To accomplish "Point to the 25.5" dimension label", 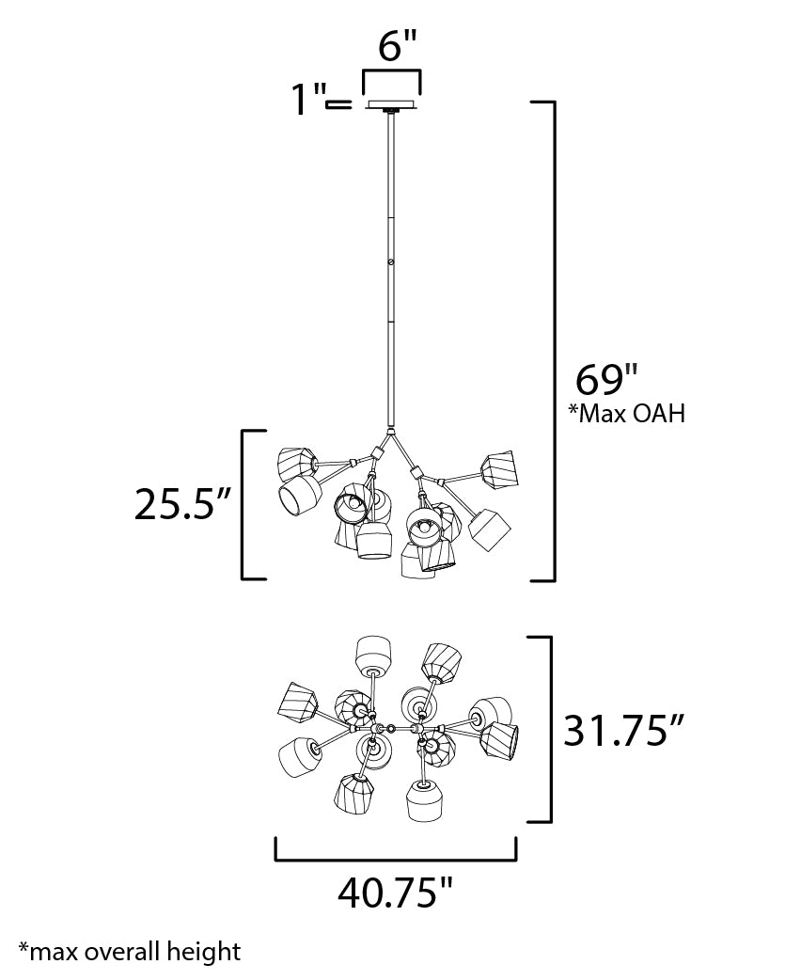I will tap(182, 505).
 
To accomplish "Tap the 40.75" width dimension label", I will tap(395, 891).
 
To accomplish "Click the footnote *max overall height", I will tap(129, 951).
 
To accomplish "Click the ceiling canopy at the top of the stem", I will tap(392, 105).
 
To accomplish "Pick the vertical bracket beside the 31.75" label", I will tap(548, 729).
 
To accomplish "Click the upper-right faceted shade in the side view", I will tap(499, 468).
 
